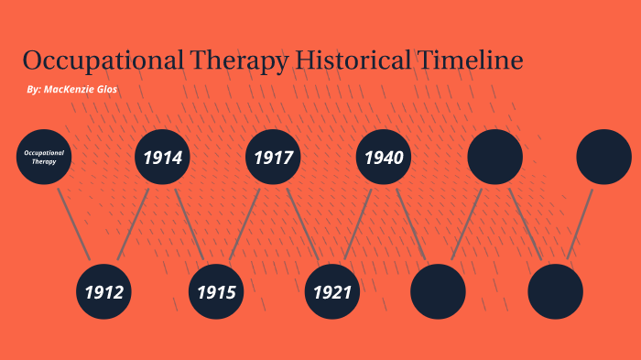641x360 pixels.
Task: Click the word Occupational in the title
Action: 103,61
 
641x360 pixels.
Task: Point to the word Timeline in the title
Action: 471,61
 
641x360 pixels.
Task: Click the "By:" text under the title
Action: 34,90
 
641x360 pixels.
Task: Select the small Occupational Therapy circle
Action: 44,157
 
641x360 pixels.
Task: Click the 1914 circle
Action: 163,157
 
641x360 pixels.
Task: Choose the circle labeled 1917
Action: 273,157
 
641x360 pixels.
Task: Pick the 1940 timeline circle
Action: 384,157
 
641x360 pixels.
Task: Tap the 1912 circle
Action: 103,292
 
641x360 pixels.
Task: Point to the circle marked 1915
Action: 217,292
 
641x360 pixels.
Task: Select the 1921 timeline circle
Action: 332,292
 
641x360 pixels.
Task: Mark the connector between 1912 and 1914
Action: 134,224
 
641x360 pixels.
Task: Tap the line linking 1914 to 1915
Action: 190,224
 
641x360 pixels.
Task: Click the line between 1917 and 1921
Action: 302,224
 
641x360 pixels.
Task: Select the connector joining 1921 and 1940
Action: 357,224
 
